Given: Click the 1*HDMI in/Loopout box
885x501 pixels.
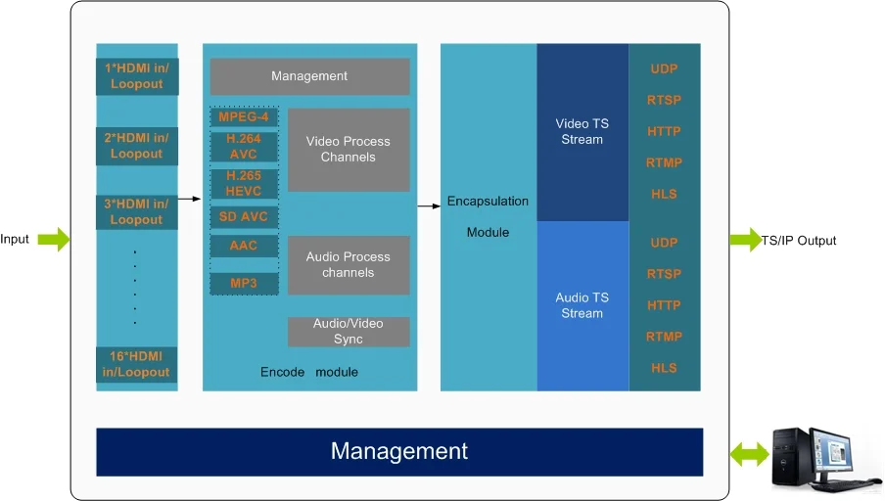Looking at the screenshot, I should tap(137, 76).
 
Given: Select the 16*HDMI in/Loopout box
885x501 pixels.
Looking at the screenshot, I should tap(137, 364).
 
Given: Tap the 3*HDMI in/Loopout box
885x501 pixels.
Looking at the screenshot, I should tap(137, 211).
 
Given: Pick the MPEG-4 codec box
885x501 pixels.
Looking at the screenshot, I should tap(244, 117).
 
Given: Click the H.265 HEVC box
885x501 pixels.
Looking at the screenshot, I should tap(244, 183).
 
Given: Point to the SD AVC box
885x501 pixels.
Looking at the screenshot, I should tap(244, 216).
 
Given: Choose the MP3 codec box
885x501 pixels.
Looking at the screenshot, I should tap(244, 283).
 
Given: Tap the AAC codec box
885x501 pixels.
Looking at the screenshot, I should tap(244, 246).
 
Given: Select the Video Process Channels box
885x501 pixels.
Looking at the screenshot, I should tap(348, 150).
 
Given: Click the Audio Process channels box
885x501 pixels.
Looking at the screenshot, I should tap(348, 264).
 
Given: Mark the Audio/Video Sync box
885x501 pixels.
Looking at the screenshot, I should tap(348, 332).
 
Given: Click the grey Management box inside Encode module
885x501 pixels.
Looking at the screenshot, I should tap(309, 76).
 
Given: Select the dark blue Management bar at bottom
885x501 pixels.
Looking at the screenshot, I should tap(399, 451).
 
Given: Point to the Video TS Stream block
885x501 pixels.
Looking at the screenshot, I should tap(582, 132).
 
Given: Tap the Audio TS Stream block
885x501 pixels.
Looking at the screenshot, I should tap(582, 305).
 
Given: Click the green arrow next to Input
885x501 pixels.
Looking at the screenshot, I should tap(55, 239).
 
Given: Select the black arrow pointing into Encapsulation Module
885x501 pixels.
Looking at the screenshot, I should tap(429, 205).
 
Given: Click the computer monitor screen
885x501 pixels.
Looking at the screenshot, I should tap(848, 453).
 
